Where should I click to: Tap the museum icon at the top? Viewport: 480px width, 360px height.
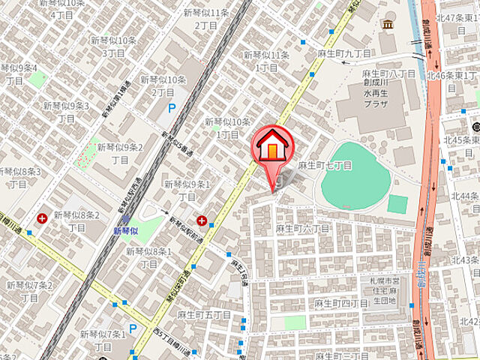(387, 25)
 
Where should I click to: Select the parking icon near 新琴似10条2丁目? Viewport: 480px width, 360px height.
(172, 109)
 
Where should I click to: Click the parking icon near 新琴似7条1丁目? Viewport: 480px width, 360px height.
(133, 328)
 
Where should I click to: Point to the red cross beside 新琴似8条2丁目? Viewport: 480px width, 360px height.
(42, 219)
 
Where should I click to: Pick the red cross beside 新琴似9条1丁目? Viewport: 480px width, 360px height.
(202, 220)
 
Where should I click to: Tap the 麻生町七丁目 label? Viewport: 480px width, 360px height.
(324, 164)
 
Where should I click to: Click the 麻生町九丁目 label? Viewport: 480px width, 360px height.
(344, 54)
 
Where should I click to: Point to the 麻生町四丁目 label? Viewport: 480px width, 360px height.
(341, 303)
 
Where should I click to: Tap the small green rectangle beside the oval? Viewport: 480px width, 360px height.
(398, 203)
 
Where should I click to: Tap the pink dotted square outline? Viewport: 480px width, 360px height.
(87, 154)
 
